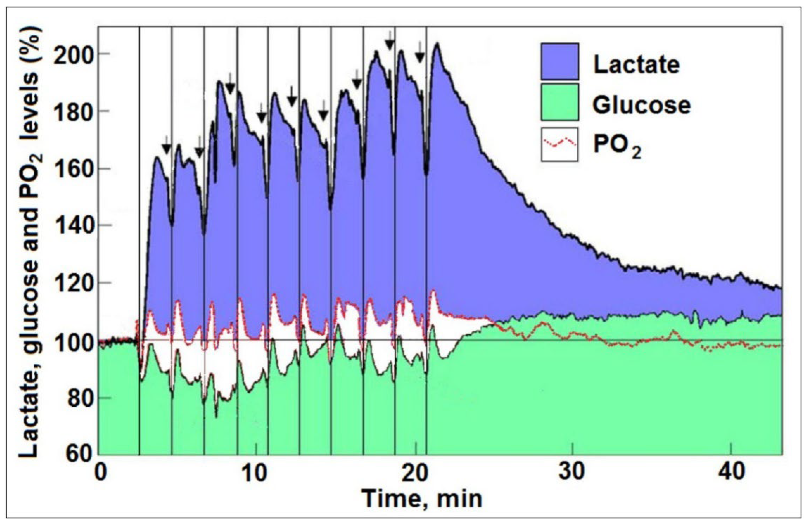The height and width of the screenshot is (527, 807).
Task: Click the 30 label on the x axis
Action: click(x=572, y=473)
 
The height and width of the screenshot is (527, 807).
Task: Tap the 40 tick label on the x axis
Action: click(x=730, y=473)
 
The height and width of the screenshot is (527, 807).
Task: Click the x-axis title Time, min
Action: click(x=421, y=499)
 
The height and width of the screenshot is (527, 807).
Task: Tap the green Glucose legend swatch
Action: click(x=559, y=102)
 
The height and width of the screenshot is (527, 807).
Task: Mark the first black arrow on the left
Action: click(x=166, y=146)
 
